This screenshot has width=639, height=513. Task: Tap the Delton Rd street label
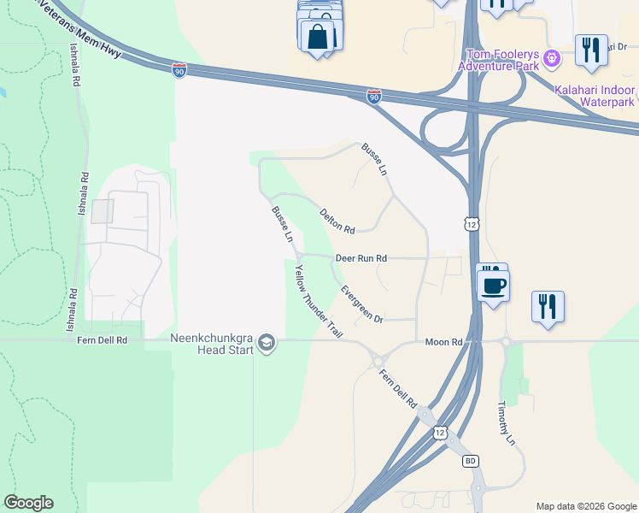coord(337,221)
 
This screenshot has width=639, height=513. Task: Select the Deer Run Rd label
coord(361,257)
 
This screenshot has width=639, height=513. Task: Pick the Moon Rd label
coord(443,342)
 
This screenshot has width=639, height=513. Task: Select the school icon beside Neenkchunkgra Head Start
coord(267,343)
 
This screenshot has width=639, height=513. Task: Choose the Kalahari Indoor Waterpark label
coord(595,96)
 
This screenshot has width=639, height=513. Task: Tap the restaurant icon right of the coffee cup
coord(547,306)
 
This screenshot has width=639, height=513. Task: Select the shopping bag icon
coord(318,37)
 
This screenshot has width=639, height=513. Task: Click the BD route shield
coord(470,461)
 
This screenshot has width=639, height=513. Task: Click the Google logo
coord(28,503)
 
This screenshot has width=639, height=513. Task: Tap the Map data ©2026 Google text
coord(585,506)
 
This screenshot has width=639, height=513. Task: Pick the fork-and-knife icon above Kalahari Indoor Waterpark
coord(590,50)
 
